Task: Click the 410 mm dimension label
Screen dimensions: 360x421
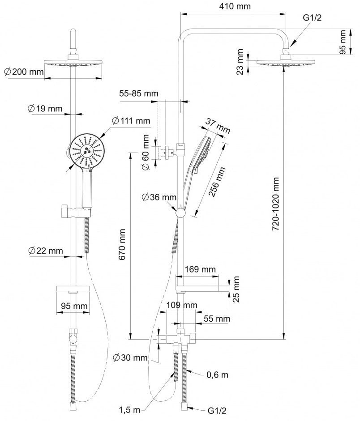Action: (235, 6)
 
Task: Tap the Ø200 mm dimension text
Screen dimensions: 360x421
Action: (24, 72)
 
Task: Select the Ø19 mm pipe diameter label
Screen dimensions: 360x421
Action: (45, 108)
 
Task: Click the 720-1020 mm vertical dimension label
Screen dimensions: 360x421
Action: (276, 204)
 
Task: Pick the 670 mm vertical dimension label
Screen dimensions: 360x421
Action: (122, 244)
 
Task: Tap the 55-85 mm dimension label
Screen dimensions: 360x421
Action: (139, 94)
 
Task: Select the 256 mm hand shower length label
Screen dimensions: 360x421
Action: (217, 182)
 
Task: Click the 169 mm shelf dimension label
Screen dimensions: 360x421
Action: (200, 269)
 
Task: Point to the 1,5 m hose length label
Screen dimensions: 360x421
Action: (129, 410)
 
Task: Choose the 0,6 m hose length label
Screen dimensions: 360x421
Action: (217, 374)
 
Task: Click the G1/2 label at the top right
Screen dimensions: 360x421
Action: (312, 18)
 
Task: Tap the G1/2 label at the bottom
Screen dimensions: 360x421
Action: (217, 411)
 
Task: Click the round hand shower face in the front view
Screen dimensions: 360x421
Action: (86, 152)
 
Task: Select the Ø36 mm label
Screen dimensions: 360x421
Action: (159, 197)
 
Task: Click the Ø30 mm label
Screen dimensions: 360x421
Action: (130, 357)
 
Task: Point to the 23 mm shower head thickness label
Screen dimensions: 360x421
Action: (240, 62)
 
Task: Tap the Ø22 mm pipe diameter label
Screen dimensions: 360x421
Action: (45, 251)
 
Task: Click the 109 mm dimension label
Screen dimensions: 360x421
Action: (182, 305)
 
